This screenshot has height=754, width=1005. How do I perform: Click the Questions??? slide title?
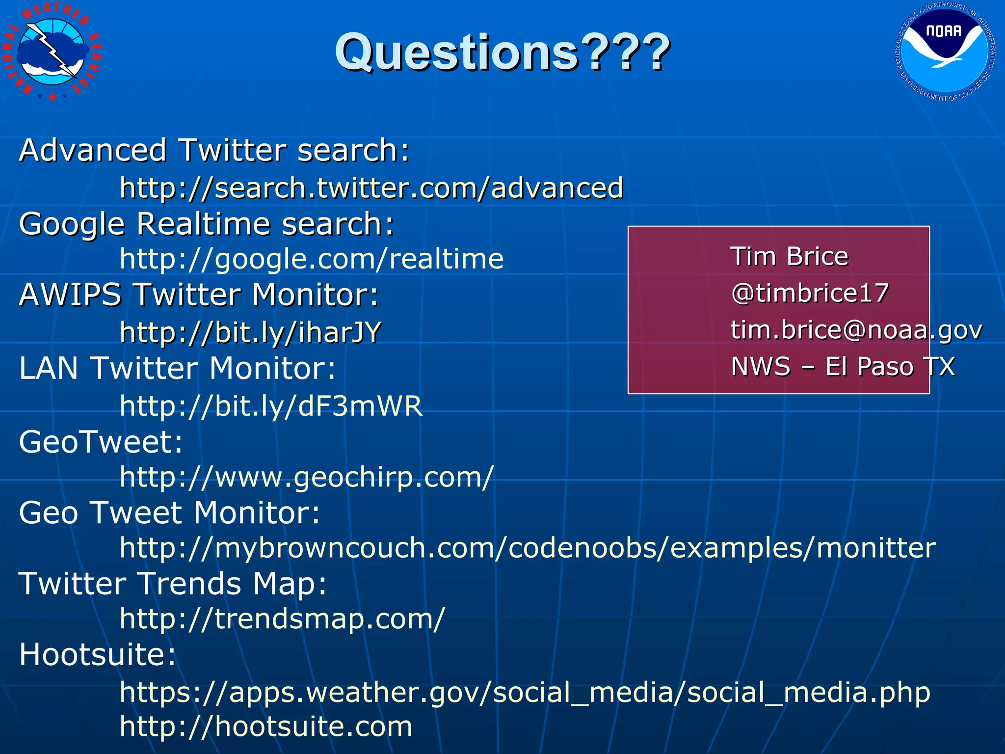click(502, 52)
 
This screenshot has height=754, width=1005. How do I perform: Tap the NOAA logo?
click(945, 51)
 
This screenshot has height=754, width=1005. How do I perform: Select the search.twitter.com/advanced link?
click(371, 188)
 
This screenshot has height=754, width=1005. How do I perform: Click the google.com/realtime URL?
click(312, 259)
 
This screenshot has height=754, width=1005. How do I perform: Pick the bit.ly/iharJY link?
click(250, 332)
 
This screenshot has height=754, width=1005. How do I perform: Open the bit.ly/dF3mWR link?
click(271, 406)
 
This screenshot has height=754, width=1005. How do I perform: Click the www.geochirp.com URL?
click(307, 477)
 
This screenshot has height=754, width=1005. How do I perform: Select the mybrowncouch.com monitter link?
click(528, 548)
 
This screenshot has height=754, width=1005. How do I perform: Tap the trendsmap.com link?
click(282, 619)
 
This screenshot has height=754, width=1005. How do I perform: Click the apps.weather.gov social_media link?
click(525, 692)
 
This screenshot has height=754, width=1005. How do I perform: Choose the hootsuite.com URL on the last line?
click(266, 727)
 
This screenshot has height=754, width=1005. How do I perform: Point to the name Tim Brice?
click(789, 256)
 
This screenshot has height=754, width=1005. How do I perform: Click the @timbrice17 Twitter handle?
click(810, 293)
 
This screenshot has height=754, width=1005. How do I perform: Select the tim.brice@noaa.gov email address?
click(856, 330)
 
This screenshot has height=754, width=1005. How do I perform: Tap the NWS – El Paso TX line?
click(843, 367)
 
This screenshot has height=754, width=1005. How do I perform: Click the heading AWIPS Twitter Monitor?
click(199, 295)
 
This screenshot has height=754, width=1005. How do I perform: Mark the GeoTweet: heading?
click(101, 442)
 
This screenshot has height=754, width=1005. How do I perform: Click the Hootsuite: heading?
click(97, 654)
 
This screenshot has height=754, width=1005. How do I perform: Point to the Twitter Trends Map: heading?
click(173, 584)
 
